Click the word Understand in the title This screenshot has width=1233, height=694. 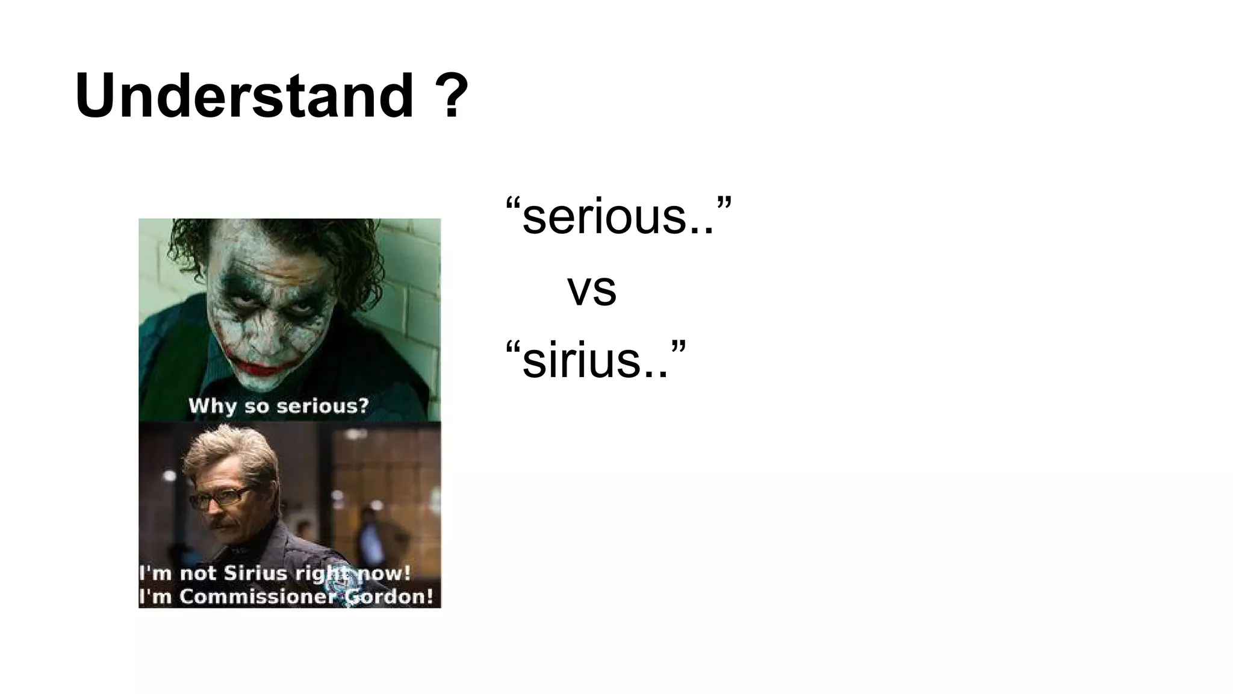click(x=244, y=96)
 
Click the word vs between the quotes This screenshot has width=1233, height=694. click(x=592, y=289)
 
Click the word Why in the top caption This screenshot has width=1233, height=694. click(x=213, y=406)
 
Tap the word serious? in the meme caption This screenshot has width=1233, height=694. click(x=323, y=406)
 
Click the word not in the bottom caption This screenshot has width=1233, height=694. click(x=198, y=573)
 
